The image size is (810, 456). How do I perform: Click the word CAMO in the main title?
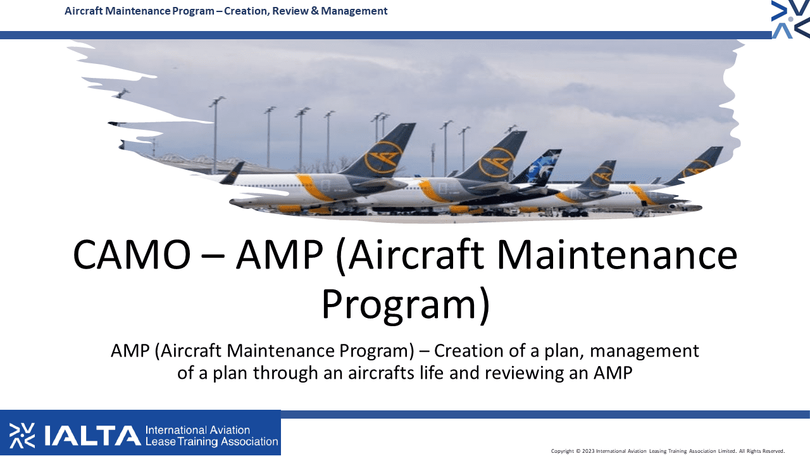click(132, 255)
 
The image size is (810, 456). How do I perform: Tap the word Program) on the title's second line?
click(406, 305)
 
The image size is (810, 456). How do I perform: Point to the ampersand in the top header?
click(315, 11)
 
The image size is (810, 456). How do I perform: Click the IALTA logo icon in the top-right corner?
click(790, 19)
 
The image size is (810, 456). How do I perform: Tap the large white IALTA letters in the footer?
click(92, 436)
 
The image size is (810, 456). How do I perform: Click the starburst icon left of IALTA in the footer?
click(22, 435)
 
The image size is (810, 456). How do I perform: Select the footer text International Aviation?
click(197, 430)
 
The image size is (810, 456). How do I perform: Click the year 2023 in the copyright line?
click(588, 451)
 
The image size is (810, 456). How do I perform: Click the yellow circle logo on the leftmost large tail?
click(383, 158)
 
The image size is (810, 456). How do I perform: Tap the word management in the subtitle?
click(644, 351)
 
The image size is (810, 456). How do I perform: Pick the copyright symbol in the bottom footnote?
click(578, 451)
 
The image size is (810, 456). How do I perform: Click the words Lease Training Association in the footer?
click(212, 441)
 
